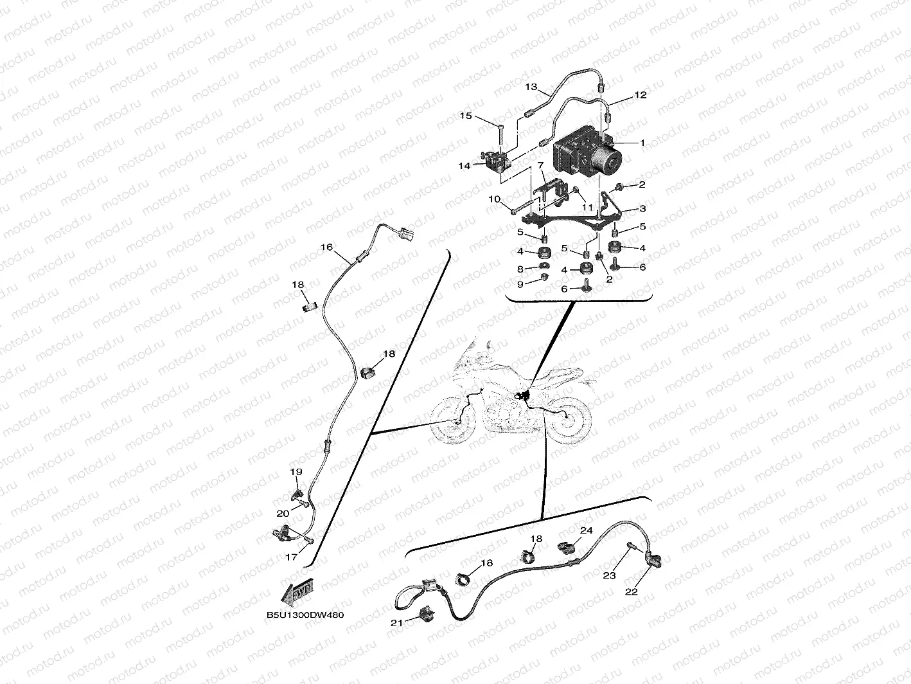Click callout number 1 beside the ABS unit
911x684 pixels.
(641, 143)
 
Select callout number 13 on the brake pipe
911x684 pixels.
(531, 86)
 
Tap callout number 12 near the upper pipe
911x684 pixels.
(640, 95)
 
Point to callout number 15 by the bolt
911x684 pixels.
(482, 116)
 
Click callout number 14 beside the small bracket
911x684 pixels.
(464, 165)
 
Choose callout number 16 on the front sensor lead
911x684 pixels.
(327, 247)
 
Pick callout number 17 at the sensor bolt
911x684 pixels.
(291, 557)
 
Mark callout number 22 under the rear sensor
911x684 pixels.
(632, 591)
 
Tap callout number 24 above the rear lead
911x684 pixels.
(586, 530)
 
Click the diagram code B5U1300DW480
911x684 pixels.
(305, 615)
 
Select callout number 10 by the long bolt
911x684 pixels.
(494, 199)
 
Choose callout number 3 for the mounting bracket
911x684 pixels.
(642, 209)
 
